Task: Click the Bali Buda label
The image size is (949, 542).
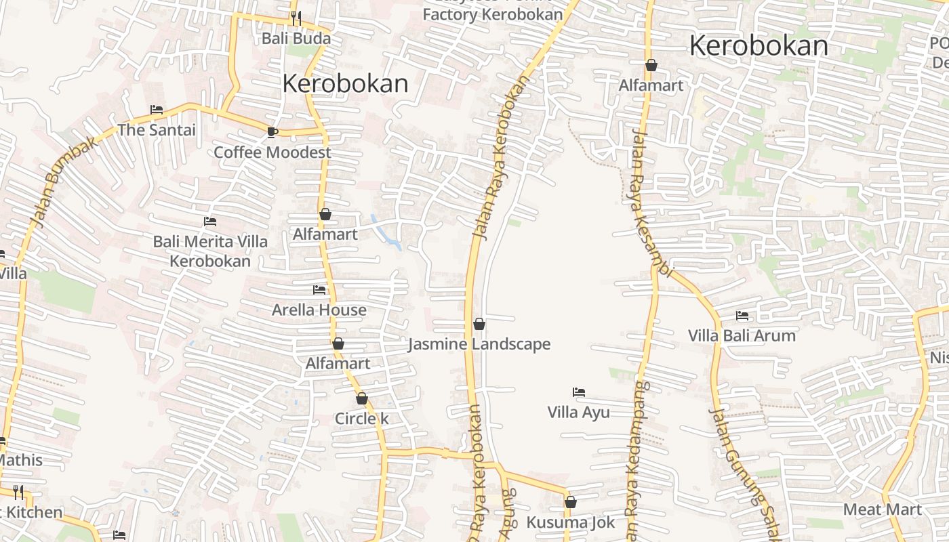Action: click(296, 38)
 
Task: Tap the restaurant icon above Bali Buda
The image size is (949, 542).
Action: click(296, 18)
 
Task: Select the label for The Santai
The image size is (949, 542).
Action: click(157, 129)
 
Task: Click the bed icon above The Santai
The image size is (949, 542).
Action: click(157, 110)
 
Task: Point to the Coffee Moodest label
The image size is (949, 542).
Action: click(272, 152)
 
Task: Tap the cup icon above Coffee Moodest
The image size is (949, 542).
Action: click(272, 132)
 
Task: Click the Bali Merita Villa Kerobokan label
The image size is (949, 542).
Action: click(210, 251)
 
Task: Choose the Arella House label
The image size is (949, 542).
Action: click(319, 310)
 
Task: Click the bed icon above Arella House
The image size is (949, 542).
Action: click(319, 290)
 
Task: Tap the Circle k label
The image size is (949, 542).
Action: click(362, 418)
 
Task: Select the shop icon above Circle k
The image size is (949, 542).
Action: click(362, 398)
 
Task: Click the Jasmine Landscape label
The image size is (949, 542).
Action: click(479, 344)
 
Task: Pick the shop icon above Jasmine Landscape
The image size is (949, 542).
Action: click(479, 325)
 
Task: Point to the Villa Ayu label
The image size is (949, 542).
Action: click(579, 412)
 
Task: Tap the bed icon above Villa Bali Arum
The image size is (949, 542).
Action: click(742, 316)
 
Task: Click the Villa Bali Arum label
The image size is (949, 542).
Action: click(742, 335)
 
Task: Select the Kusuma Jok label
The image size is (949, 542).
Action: click(571, 522)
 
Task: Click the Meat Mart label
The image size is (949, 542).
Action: click(883, 509)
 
